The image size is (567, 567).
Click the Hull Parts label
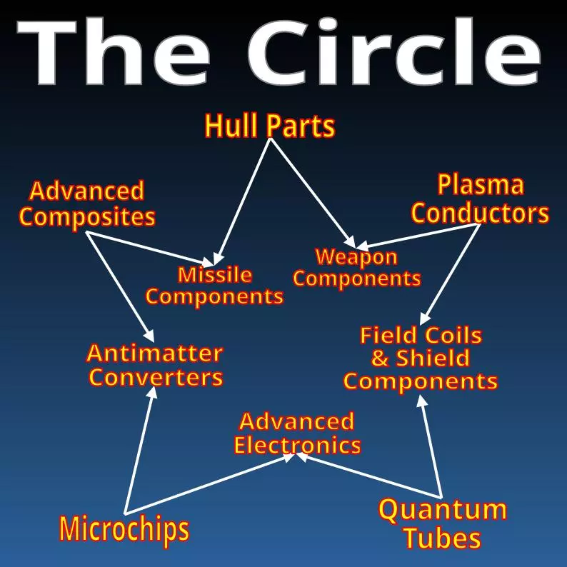coord(269,126)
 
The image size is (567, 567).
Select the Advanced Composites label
coord(87,204)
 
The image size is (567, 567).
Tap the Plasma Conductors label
coord(480,199)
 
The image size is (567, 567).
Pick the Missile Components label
coord(215,286)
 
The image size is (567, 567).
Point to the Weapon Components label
coord(356,268)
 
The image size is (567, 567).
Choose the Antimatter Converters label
coord(155,364)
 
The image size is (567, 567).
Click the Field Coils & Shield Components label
coord(421,358)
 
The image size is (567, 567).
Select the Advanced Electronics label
coord(297,433)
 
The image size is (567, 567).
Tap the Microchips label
coord(124,529)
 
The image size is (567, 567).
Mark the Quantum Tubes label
coord(442,523)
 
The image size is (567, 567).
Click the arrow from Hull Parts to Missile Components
coord(244,197)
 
